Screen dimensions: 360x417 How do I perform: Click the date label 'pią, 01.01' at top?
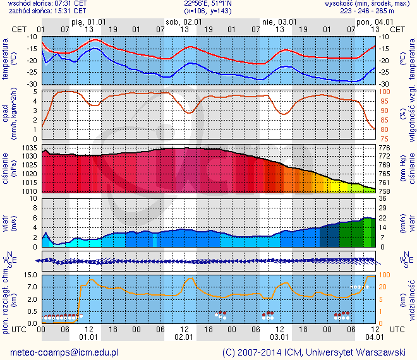(88, 21)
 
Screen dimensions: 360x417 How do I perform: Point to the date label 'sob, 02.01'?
(183, 21)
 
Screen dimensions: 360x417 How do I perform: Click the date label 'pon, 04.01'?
(372, 21)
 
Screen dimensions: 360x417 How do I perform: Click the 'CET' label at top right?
(398, 29)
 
